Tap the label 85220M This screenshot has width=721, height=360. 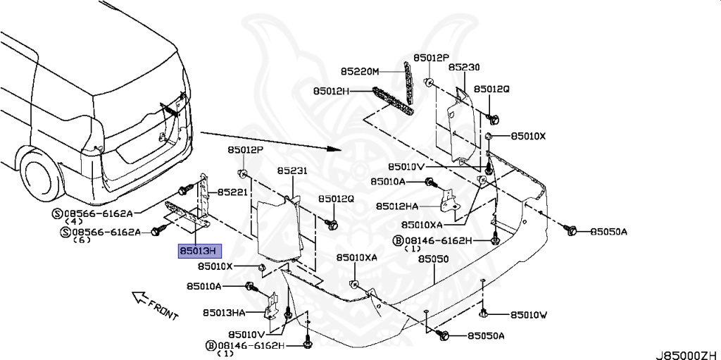click(x=360, y=71)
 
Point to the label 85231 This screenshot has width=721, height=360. click(x=291, y=171)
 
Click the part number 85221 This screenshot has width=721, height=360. click(x=232, y=192)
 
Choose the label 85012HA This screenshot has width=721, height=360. click(x=397, y=206)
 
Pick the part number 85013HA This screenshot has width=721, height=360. click(x=224, y=312)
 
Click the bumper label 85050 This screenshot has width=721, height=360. click(x=433, y=259)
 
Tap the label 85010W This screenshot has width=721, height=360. click(x=528, y=315)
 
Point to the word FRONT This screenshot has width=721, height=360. click(x=163, y=308)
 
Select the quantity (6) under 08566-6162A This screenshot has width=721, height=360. click(x=83, y=240)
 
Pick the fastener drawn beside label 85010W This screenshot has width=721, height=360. click(x=484, y=314)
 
